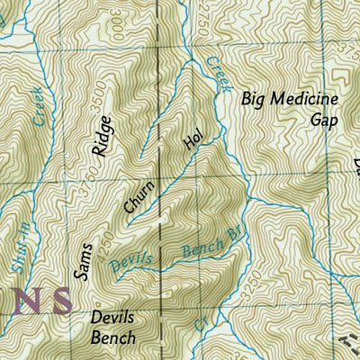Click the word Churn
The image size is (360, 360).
coord(139,197)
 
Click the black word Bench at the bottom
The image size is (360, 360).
coord(113,337)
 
